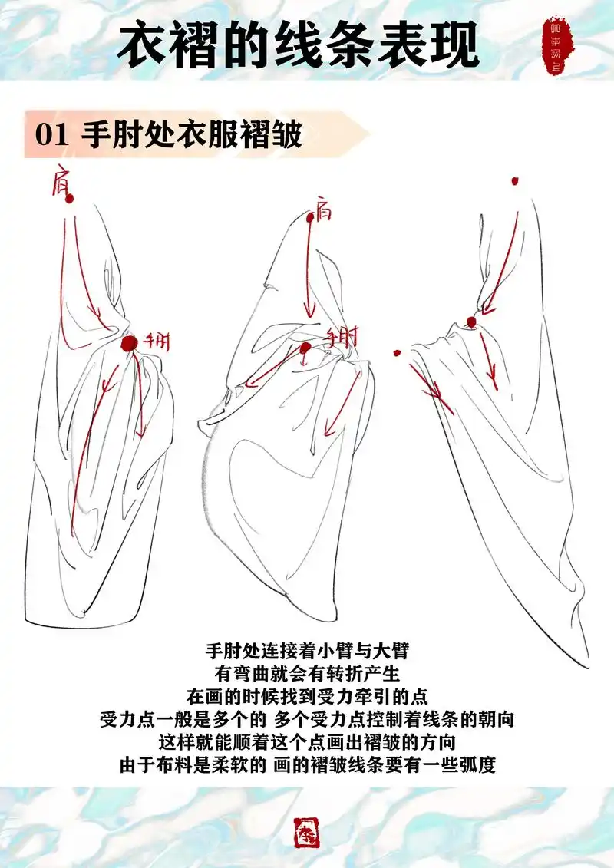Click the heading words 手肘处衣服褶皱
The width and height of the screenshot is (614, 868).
(x=192, y=135)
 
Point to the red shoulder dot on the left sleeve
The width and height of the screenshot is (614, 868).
(x=70, y=199)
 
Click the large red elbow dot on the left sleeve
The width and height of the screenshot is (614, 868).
(x=129, y=343)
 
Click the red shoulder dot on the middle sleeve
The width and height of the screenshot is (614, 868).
(x=310, y=218)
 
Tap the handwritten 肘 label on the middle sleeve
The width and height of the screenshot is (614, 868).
(x=342, y=337)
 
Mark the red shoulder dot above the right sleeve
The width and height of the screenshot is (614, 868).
(x=514, y=182)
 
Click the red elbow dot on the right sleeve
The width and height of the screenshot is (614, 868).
(x=471, y=322)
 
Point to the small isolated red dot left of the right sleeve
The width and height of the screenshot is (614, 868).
(x=398, y=354)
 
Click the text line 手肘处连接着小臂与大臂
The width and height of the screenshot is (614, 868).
(x=307, y=652)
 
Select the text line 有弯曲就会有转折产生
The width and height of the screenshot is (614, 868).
(x=307, y=675)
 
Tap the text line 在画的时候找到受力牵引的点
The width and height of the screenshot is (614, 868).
(x=307, y=697)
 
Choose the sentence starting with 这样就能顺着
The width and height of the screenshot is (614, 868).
(x=307, y=742)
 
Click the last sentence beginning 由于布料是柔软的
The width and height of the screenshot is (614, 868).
(x=307, y=765)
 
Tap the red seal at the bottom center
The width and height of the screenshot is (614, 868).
(x=307, y=832)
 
